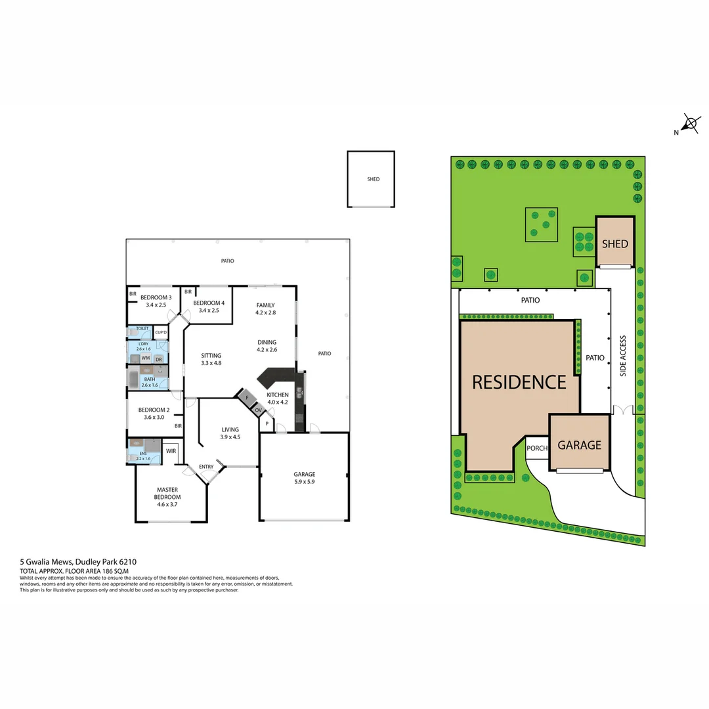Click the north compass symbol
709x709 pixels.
[x=690, y=123]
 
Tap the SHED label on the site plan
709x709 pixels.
[x=615, y=244]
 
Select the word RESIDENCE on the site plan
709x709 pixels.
[x=519, y=382]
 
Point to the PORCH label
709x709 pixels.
[x=537, y=448]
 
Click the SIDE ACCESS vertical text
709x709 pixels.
[x=623, y=356]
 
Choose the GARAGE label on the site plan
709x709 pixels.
[x=579, y=445]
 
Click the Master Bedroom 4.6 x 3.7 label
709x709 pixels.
[x=167, y=493]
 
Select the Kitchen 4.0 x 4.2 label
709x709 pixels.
[x=277, y=398]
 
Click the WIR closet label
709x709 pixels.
[x=171, y=451]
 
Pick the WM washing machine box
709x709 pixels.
[x=145, y=359]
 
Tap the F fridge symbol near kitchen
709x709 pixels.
[x=246, y=398]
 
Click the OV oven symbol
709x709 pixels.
[x=259, y=410]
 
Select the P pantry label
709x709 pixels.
[x=267, y=424]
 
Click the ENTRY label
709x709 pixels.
[x=206, y=467]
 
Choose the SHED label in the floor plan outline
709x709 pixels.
[x=373, y=179]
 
